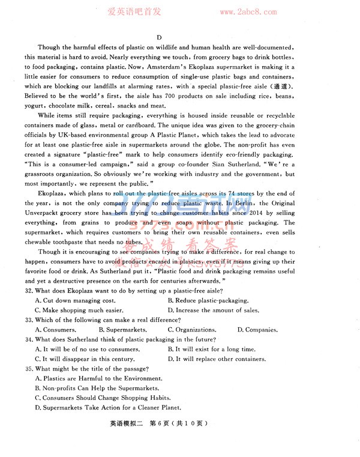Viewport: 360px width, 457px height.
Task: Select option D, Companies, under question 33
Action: click(257, 330)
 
